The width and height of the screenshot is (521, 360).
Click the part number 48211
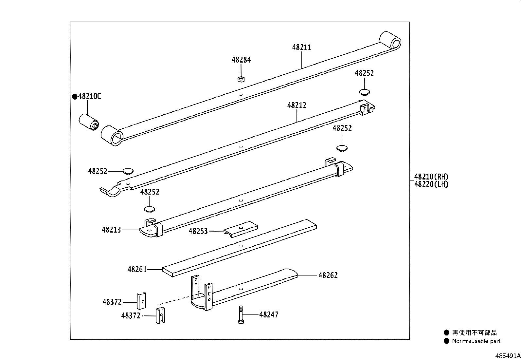(301, 47)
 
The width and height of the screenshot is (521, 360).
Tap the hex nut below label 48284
(241, 79)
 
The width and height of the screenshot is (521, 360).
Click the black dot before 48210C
(75, 96)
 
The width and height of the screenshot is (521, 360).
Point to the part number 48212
(297, 105)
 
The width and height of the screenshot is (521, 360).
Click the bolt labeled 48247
(241, 315)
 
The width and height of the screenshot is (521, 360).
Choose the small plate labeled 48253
(241, 228)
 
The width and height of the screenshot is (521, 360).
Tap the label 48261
(137, 270)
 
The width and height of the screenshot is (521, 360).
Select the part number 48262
(328, 275)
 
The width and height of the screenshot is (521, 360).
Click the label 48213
(111, 230)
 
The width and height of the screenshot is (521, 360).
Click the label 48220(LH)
(431, 184)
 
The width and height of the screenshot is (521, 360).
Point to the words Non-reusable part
(476, 341)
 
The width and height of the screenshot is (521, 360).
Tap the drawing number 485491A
(508, 355)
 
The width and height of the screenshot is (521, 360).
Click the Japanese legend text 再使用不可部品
(474, 333)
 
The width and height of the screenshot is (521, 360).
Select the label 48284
(241, 60)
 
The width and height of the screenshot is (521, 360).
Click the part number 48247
(269, 315)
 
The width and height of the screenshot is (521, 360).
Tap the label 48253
(198, 231)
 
